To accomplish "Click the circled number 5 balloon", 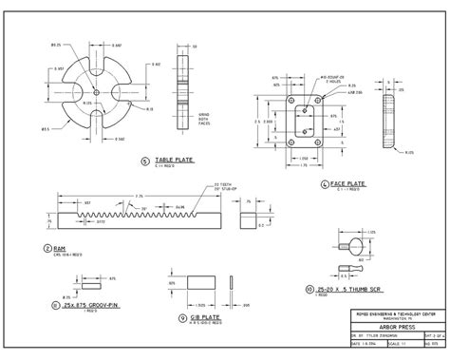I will (x=144, y=161).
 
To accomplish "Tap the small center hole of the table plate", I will (x=98, y=92).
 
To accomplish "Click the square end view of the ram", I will (x=249, y=220).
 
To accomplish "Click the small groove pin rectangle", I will (x=93, y=282).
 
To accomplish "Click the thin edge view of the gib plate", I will (x=234, y=282).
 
